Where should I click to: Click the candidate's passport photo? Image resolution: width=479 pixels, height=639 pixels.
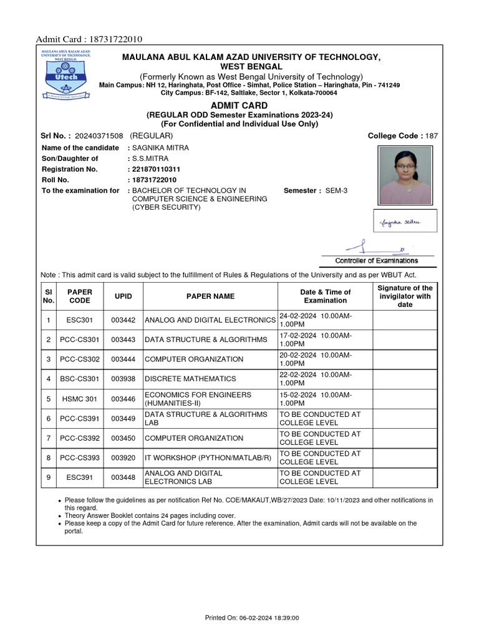[x=404, y=175]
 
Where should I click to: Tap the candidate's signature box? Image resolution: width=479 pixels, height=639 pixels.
[x=405, y=221]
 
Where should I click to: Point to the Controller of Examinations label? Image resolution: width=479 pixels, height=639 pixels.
[x=377, y=261]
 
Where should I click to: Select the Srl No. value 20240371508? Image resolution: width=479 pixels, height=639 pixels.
[x=99, y=135]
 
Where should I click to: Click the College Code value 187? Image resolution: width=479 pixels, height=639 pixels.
[x=432, y=135]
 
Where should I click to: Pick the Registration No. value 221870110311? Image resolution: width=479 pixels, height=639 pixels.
[x=156, y=169]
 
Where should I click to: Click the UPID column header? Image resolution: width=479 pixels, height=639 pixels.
[x=123, y=296]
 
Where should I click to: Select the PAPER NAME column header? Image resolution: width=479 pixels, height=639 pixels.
[x=211, y=296]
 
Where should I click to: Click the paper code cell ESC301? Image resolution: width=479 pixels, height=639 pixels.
[x=79, y=320]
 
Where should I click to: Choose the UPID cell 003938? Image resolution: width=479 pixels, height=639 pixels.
[x=123, y=379]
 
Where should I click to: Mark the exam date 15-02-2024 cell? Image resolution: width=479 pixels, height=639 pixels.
[x=324, y=399]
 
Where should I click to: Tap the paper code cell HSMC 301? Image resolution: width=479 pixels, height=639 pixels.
[x=79, y=399]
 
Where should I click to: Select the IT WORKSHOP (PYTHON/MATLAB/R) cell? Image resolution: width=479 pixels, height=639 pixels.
[x=208, y=457]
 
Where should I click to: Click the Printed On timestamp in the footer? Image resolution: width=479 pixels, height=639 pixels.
[x=253, y=618]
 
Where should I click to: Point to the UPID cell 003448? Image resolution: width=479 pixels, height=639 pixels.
[x=123, y=477]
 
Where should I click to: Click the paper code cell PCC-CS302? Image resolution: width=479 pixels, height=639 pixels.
[x=79, y=359]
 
